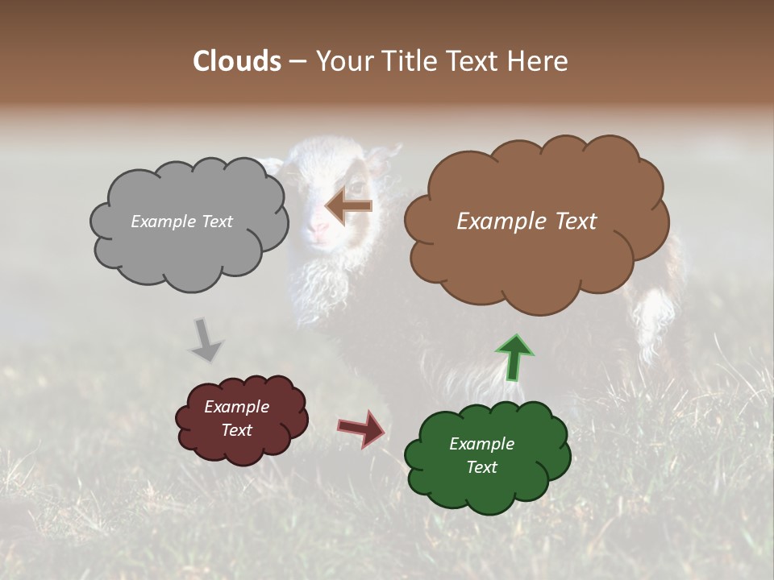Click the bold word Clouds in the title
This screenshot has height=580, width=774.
click(x=237, y=61)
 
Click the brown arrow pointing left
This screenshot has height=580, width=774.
click(x=349, y=206)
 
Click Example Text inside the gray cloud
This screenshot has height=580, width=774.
click(x=181, y=222)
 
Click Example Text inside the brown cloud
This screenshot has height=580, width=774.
click(x=526, y=222)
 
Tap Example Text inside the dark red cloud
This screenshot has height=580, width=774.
click(x=236, y=418)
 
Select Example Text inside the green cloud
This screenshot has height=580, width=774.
click(x=481, y=455)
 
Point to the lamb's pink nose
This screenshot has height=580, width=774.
click(x=320, y=229)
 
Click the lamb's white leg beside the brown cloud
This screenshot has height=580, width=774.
click(x=654, y=322)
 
